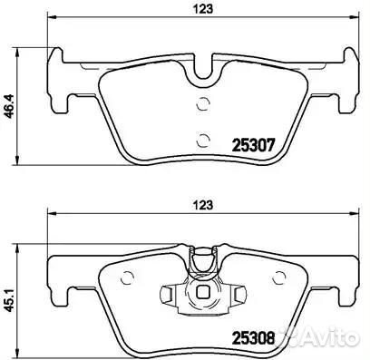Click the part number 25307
tap(253, 145)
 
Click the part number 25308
tap(253, 337)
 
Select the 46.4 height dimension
tap(10, 106)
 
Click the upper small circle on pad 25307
tap(203, 104)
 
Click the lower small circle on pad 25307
tap(203, 140)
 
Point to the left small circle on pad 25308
tap(127, 277)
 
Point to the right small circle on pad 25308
tap(279, 277)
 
